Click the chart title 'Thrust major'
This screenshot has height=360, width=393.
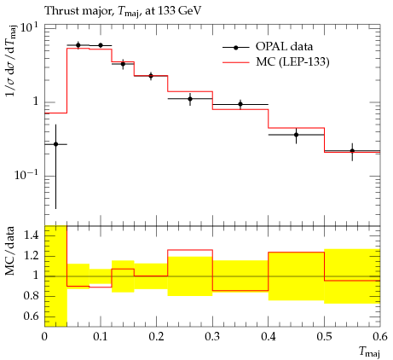point(79,11)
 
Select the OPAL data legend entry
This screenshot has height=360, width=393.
point(268,47)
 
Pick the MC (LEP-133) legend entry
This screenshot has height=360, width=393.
point(275,61)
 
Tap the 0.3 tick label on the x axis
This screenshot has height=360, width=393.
point(212,337)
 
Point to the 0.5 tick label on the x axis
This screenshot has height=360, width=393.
point(324,337)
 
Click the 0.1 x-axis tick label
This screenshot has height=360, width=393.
point(100,337)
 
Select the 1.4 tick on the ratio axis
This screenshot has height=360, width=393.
point(31,235)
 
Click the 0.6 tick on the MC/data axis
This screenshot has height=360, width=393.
point(31,316)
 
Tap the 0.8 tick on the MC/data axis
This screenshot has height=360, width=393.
point(31,296)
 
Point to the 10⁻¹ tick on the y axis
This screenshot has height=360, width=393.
point(27,175)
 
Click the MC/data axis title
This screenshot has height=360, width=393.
point(10,251)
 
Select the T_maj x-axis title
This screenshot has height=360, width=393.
point(369,351)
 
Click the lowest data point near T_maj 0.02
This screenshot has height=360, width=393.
point(55,144)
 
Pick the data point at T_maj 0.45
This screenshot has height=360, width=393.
point(296,135)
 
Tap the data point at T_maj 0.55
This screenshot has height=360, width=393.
point(352,151)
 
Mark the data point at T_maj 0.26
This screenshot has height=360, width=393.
point(190,99)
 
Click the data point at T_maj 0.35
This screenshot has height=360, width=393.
point(240,104)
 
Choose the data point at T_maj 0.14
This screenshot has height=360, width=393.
point(123,64)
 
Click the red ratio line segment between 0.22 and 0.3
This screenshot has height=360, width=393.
point(190,250)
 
